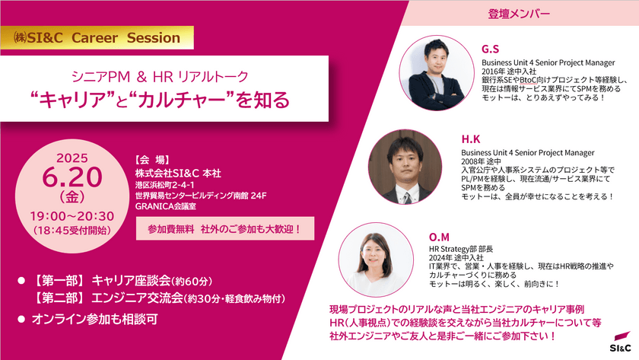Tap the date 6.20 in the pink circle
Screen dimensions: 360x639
73,177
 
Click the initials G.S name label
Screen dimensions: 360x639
491,48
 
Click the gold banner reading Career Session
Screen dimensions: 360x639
92,37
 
